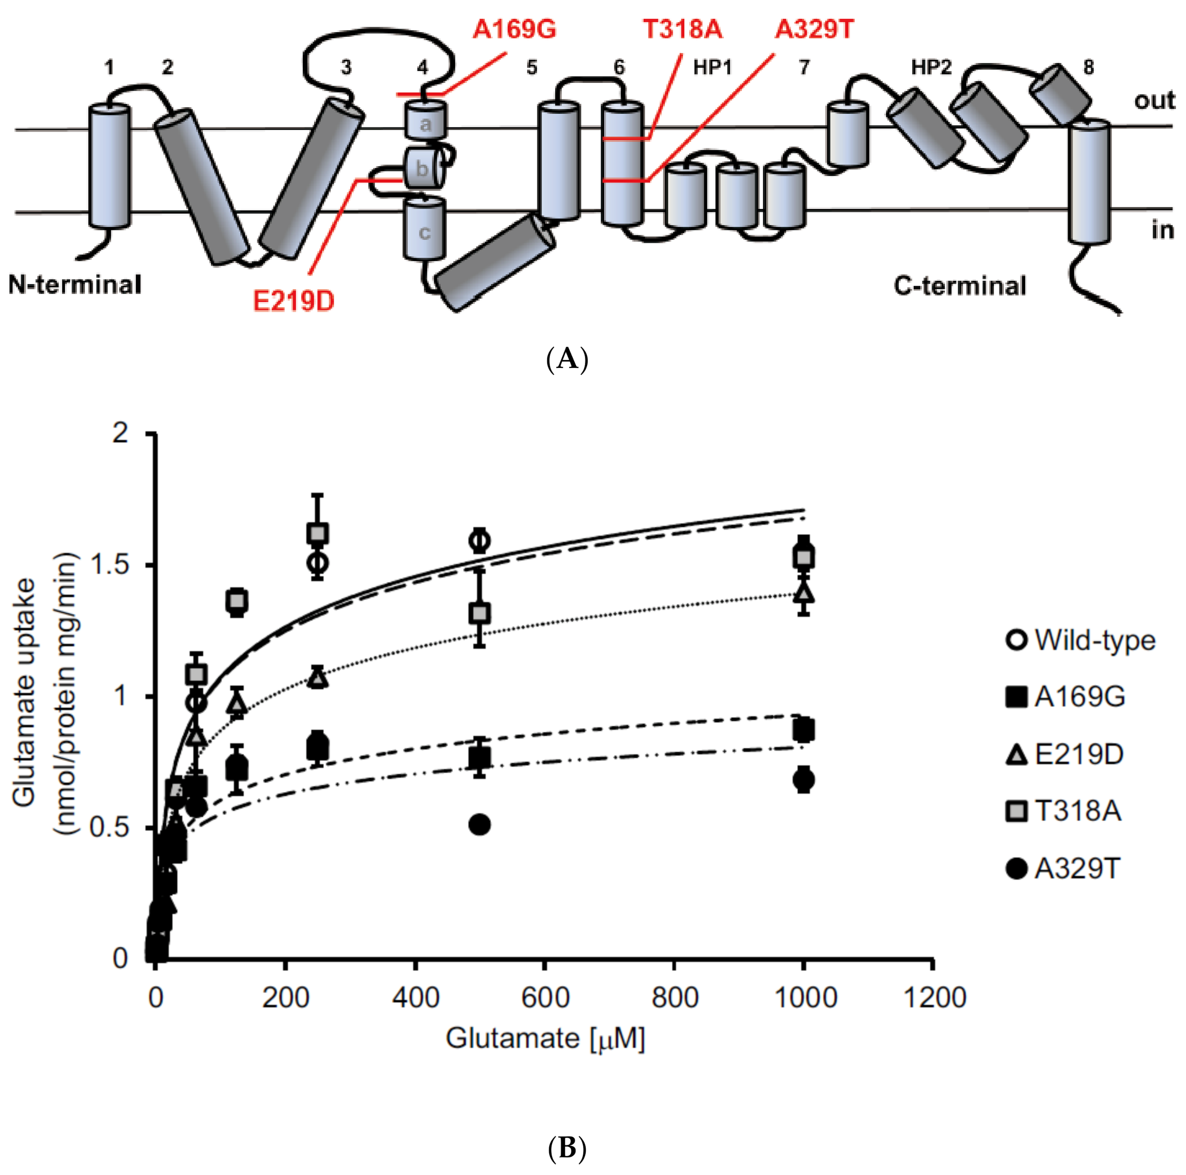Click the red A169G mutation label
514,29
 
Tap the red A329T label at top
814,29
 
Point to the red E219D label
294,301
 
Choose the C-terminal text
959,286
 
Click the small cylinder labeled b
423,168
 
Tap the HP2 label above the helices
931,68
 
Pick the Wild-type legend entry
1080,640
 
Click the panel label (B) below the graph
567,1147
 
